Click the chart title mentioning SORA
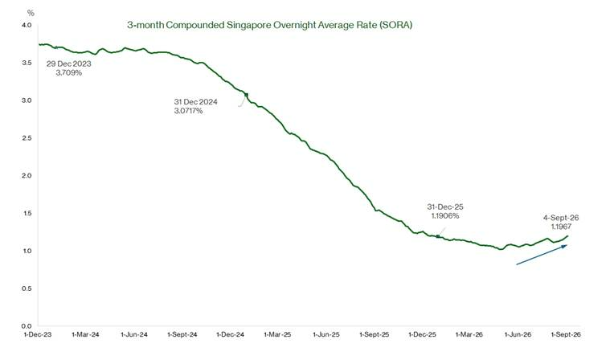click(269, 25)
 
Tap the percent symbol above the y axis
click(31, 13)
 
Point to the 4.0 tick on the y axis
click(27, 25)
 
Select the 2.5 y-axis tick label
click(27, 138)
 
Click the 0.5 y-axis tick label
click(27, 288)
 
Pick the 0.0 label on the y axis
click(27, 326)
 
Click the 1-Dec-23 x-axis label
click(38, 335)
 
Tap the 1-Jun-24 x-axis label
click(134, 335)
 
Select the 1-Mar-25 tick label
click(277, 335)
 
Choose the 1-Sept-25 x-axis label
click(375, 335)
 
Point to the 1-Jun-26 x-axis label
click(518, 335)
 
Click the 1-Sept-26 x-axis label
click(566, 335)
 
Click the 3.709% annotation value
click(69, 72)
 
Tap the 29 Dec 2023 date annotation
click(69, 63)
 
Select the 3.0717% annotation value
click(188, 111)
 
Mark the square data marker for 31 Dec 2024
click(246, 95)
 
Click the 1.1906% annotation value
click(445, 216)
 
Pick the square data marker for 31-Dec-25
click(438, 236)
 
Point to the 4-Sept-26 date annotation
click(561, 218)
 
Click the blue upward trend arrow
click(542, 255)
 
